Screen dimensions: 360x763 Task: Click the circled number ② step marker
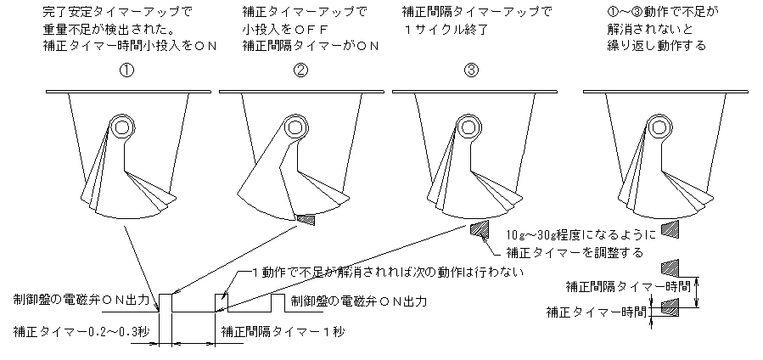[300, 71]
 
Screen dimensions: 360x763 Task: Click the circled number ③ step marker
[472, 71]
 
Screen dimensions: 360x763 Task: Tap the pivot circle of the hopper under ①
[121, 128]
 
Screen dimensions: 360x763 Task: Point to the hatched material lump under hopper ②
[305, 219]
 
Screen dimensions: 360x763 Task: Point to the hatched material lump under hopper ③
[480, 228]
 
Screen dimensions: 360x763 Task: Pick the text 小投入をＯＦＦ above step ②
[279, 30]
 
